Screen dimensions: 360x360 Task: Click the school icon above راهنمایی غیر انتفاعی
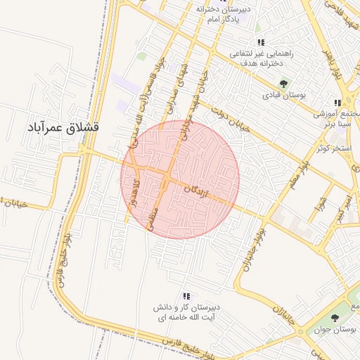[260, 43]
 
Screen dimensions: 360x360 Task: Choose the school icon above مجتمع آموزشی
[337, 103]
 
